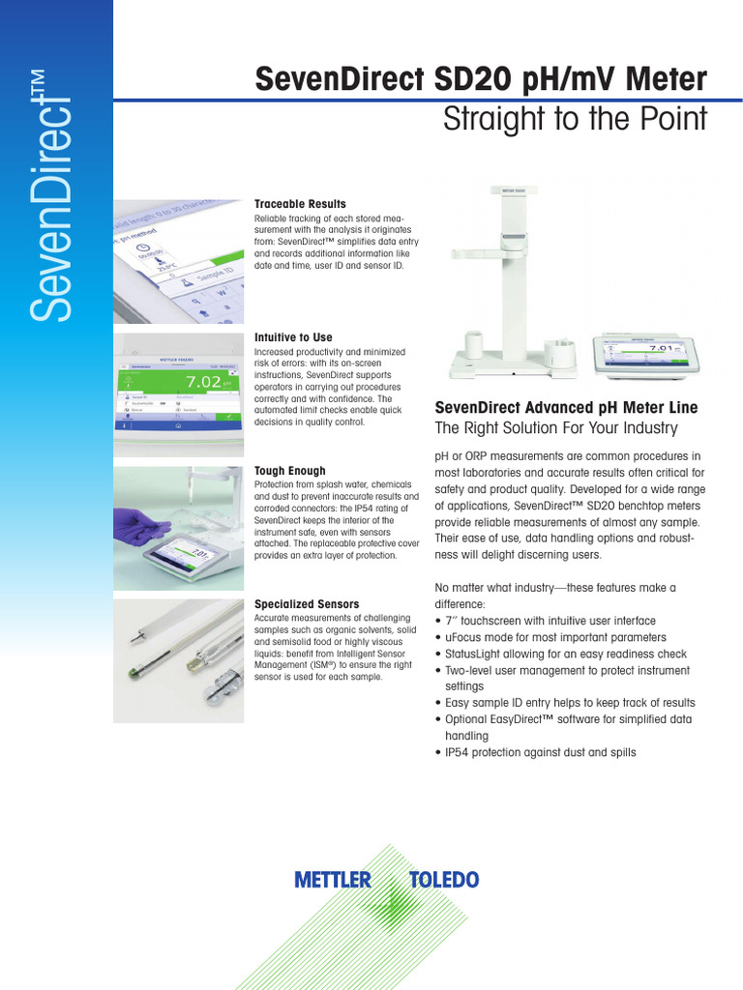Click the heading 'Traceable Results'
pyautogui.click(x=300, y=204)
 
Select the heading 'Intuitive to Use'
pyautogui.click(x=292, y=337)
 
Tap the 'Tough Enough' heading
pyautogui.click(x=289, y=471)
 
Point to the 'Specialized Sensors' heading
pyautogui.click(x=306, y=604)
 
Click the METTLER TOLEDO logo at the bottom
pyautogui.click(x=386, y=880)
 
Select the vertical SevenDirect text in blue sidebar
pyautogui.click(x=54, y=193)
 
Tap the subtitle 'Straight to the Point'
pyautogui.click(x=575, y=120)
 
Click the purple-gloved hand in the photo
pyautogui.click(x=140, y=526)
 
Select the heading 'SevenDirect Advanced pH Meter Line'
pyautogui.click(x=566, y=408)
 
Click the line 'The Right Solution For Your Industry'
pyautogui.click(x=556, y=428)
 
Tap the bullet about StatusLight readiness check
pyautogui.click(x=565, y=654)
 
